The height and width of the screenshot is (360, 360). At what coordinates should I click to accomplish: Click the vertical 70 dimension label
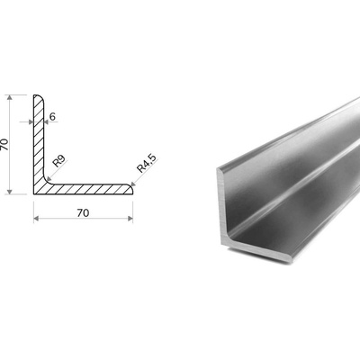click(4, 144)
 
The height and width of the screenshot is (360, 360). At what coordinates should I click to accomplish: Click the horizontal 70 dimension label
click(83, 212)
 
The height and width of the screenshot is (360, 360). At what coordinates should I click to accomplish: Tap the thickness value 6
click(52, 117)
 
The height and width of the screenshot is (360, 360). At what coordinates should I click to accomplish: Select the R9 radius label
click(58, 161)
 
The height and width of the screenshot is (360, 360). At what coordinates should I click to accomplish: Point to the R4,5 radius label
click(147, 164)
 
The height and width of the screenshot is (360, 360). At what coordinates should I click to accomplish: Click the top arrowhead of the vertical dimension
click(10, 97)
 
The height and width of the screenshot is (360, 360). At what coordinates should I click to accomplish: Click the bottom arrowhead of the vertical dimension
click(10, 192)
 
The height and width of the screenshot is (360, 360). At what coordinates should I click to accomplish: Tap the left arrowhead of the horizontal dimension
click(36, 219)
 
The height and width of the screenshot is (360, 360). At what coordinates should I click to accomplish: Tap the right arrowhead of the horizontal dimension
click(130, 219)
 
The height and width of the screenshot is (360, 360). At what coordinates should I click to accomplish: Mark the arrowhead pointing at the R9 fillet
click(49, 179)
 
